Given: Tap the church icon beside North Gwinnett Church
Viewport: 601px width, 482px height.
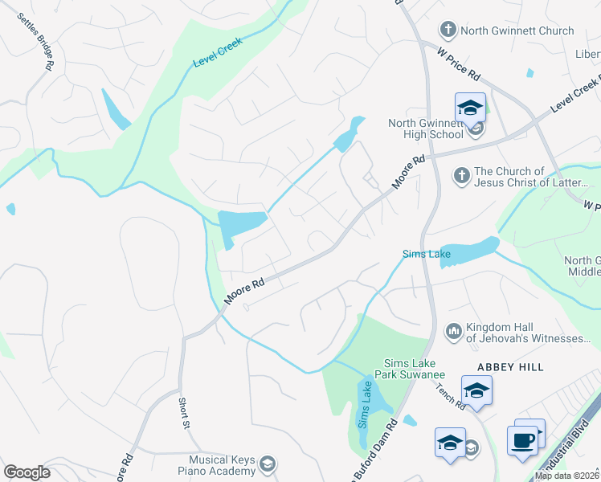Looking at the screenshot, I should pyautogui.click(x=448, y=31).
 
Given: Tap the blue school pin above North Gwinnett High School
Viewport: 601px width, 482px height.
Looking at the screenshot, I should pyautogui.click(x=470, y=108).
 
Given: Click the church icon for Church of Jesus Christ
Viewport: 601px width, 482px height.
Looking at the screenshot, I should pyautogui.click(x=462, y=174).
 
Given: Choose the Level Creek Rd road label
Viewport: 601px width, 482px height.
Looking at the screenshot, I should pyautogui.click(x=575, y=96).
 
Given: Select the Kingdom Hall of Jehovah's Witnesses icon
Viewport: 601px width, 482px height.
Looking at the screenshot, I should pyautogui.click(x=453, y=330).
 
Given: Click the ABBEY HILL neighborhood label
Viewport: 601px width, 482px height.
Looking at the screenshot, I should pyautogui.click(x=510, y=366).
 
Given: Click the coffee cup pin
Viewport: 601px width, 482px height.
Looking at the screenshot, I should pyautogui.click(x=522, y=440).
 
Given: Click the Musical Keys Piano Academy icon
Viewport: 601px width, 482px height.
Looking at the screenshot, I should pyautogui.click(x=268, y=464).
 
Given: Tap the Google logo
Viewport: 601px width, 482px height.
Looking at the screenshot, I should pyautogui.click(x=27, y=472).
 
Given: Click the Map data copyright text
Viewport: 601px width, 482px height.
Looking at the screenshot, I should pyautogui.click(x=567, y=476).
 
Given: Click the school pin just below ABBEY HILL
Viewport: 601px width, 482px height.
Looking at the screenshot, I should pyautogui.click(x=476, y=390).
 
